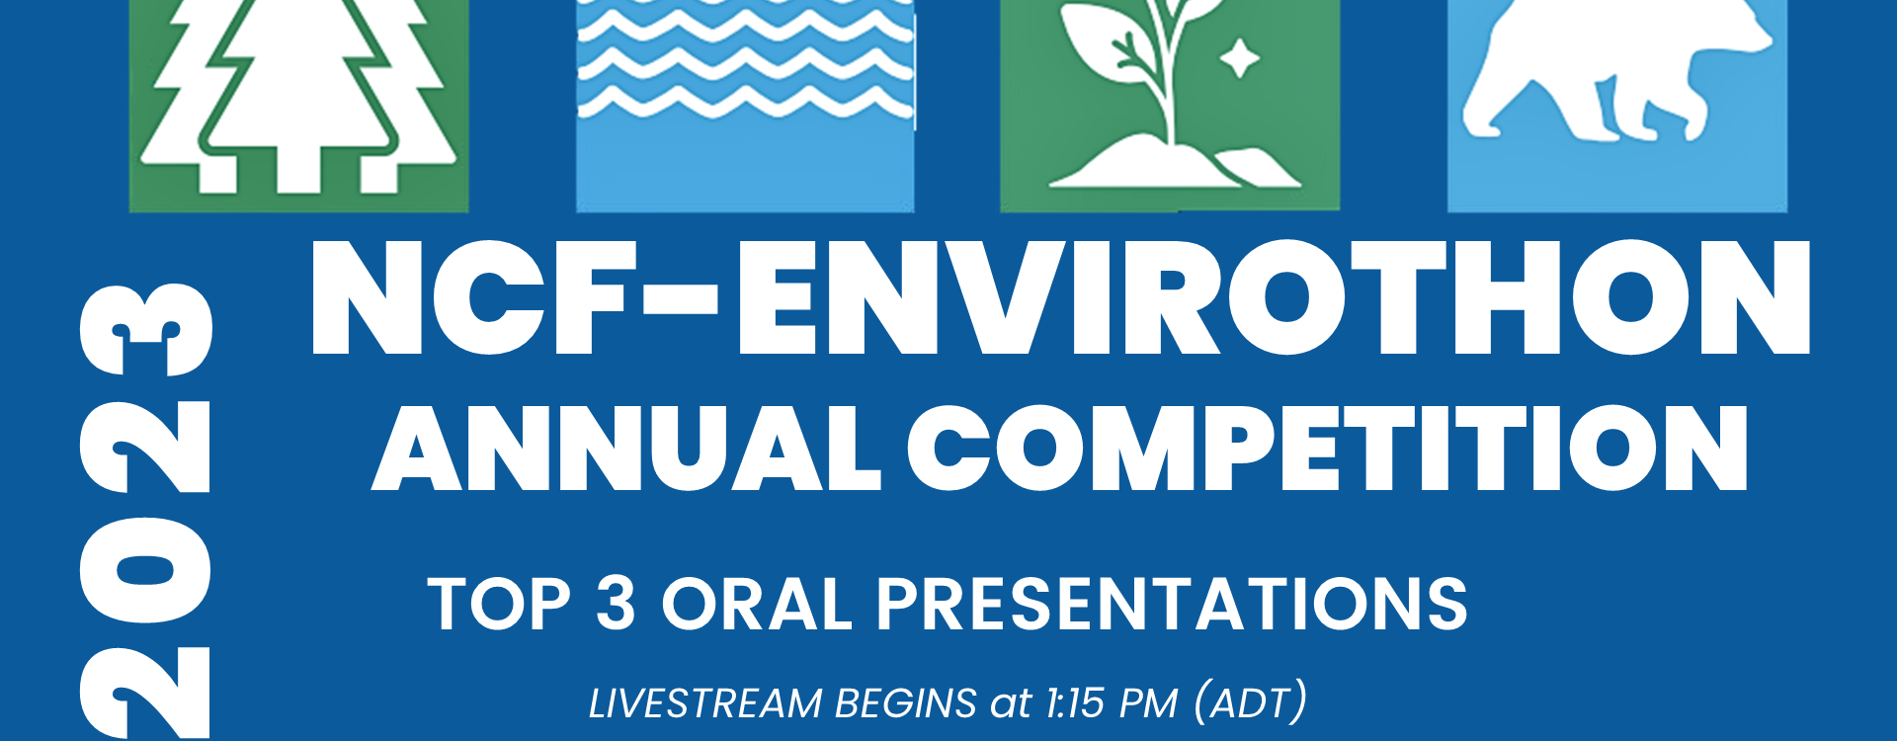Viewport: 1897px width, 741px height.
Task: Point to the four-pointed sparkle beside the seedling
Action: click(1239, 60)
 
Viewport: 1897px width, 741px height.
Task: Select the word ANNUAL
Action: click(626, 449)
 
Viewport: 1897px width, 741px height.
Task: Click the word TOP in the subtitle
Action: click(500, 604)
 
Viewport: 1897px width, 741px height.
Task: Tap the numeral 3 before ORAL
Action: click(616, 603)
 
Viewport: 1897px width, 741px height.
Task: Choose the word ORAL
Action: click(757, 604)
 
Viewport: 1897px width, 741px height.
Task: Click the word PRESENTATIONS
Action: click(1173, 604)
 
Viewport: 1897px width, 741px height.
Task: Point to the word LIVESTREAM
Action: click(705, 703)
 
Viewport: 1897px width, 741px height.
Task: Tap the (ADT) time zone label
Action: click(1251, 702)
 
